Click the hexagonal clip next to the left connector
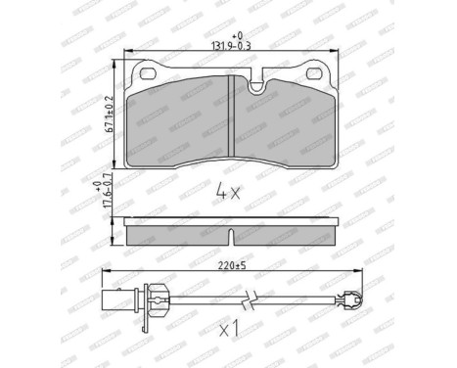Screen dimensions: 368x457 (x=148, y=297)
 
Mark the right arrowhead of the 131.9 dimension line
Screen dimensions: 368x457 (x=332, y=55)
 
